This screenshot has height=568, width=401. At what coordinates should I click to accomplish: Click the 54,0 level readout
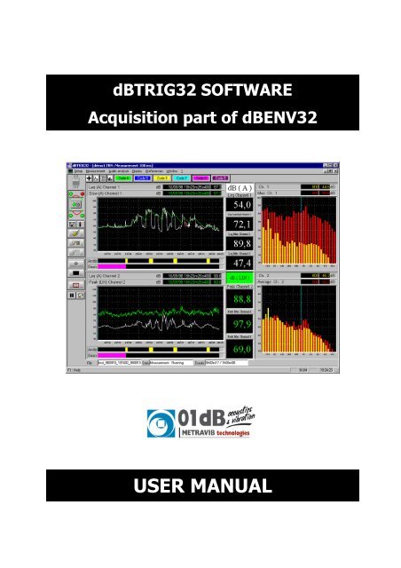[x=240, y=206]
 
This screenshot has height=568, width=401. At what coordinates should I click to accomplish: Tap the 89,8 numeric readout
[x=240, y=247]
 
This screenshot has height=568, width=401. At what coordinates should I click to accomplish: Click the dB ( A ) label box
[x=240, y=187]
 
